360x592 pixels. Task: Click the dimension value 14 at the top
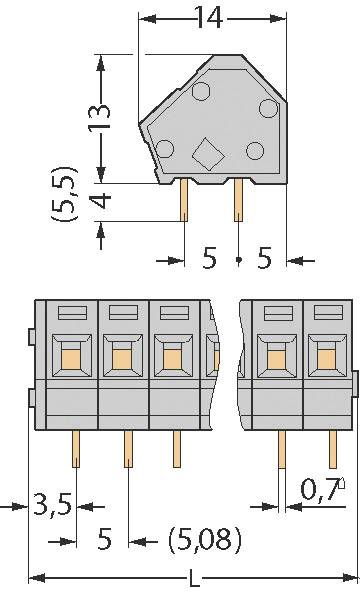(209, 19)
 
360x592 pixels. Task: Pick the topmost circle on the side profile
(201, 93)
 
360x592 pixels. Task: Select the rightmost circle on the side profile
(268, 109)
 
